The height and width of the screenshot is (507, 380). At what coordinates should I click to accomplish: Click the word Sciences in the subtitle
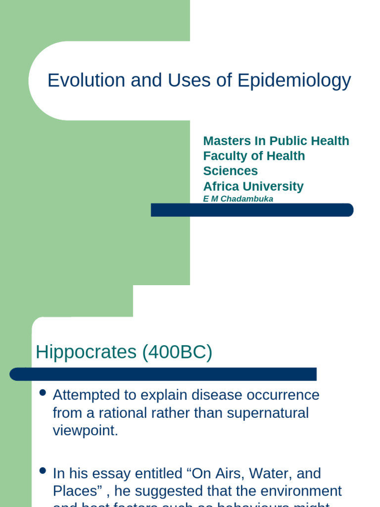(231, 171)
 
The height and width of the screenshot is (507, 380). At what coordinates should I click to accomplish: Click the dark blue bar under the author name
(252, 210)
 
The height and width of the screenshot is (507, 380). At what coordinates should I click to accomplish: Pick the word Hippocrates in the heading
(86, 353)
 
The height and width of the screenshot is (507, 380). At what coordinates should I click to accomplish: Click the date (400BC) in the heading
(177, 353)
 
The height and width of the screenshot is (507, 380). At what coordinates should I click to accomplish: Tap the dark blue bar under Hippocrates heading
(163, 374)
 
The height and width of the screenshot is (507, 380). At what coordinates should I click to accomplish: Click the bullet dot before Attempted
(43, 393)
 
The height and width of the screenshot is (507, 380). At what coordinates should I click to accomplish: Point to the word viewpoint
(86, 430)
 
